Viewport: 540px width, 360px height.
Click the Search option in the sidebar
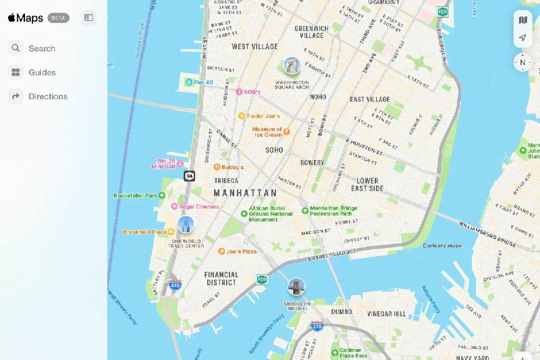pyautogui.click(x=41, y=49)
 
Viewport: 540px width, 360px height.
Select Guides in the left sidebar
pyautogui.click(x=41, y=72)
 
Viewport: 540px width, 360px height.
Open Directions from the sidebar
pyautogui.click(x=47, y=97)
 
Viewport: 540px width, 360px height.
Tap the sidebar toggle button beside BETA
pyautogui.click(x=88, y=18)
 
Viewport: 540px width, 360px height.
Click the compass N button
pyautogui.click(x=522, y=63)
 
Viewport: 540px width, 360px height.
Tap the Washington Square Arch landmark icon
pyautogui.click(x=292, y=66)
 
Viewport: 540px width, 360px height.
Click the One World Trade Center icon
pyautogui.click(x=186, y=225)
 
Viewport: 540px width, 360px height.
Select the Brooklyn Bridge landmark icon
pyautogui.click(x=296, y=287)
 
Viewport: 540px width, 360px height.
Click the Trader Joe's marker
pyautogui.click(x=242, y=115)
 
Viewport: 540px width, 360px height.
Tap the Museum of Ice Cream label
pyautogui.click(x=268, y=132)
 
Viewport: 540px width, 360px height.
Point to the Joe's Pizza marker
pyautogui.click(x=221, y=251)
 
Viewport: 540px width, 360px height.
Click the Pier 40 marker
pyautogui.click(x=189, y=82)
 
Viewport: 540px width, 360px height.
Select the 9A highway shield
pyautogui.click(x=190, y=176)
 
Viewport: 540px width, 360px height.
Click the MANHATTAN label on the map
pyautogui.click(x=245, y=193)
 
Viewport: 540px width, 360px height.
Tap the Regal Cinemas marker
pyautogui.click(x=175, y=206)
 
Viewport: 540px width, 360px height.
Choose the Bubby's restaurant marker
pyautogui.click(x=217, y=167)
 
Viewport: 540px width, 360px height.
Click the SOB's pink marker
pyautogui.click(x=238, y=91)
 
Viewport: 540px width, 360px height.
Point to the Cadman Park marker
pyautogui.click(x=334, y=352)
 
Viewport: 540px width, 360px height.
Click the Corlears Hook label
pyautogui.click(x=442, y=246)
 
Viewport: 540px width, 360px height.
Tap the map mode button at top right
pyautogui.click(x=522, y=20)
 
